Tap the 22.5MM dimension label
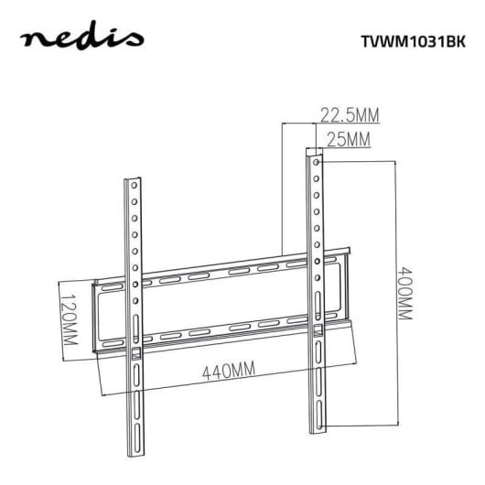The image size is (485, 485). click(349, 114)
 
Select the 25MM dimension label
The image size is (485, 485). click(347, 139)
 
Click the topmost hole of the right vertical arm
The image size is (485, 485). click(316, 162)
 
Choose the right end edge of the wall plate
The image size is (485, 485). click(350, 283)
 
